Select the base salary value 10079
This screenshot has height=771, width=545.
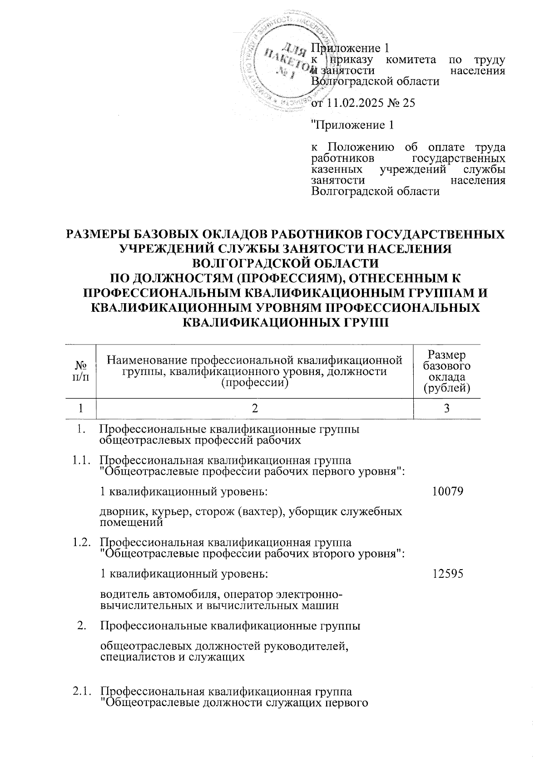[447, 491]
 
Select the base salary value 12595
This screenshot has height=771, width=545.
[447, 574]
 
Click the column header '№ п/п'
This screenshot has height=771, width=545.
[80, 370]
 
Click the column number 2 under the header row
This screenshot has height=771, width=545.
[255, 408]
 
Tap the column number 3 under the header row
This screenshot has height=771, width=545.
[447, 408]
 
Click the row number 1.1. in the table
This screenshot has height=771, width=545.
[80, 460]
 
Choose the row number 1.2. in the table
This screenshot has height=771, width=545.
[80, 542]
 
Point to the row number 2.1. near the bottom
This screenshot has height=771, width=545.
[80, 692]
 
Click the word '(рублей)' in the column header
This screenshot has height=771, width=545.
[446, 388]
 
